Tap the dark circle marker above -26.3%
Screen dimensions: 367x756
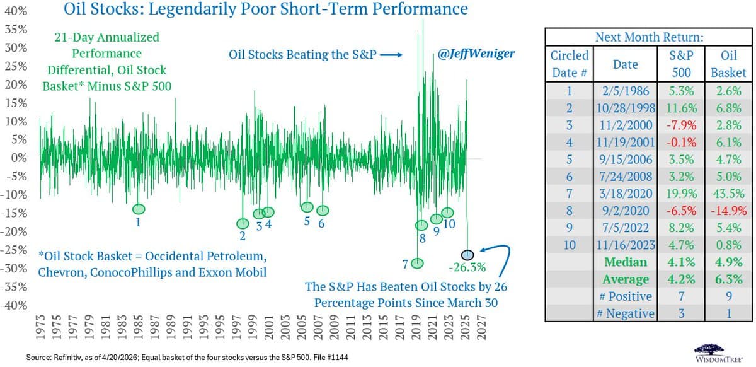[x=467, y=255]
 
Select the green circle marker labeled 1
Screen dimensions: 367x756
[x=139, y=209]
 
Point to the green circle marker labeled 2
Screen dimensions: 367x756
[x=243, y=223]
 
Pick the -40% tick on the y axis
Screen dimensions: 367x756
[x=14, y=305]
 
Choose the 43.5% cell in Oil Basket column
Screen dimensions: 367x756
[x=728, y=193]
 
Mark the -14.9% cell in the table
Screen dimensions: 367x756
[x=728, y=210]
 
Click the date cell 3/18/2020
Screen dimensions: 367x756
[x=626, y=193]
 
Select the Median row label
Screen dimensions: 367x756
[x=626, y=262]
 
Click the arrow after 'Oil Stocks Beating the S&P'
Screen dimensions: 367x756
[x=391, y=55]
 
